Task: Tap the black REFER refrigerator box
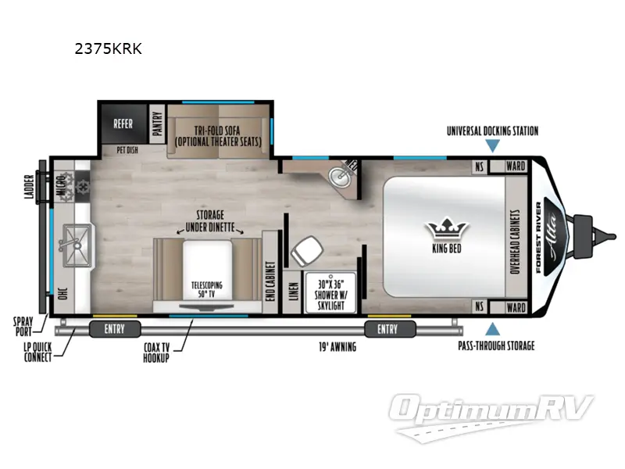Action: click(x=123, y=123)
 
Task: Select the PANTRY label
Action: click(x=156, y=123)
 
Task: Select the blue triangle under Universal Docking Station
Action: click(x=491, y=145)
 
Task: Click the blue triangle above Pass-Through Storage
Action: click(x=491, y=329)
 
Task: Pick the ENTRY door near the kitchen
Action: click(x=115, y=329)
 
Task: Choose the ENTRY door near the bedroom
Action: click(x=387, y=329)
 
